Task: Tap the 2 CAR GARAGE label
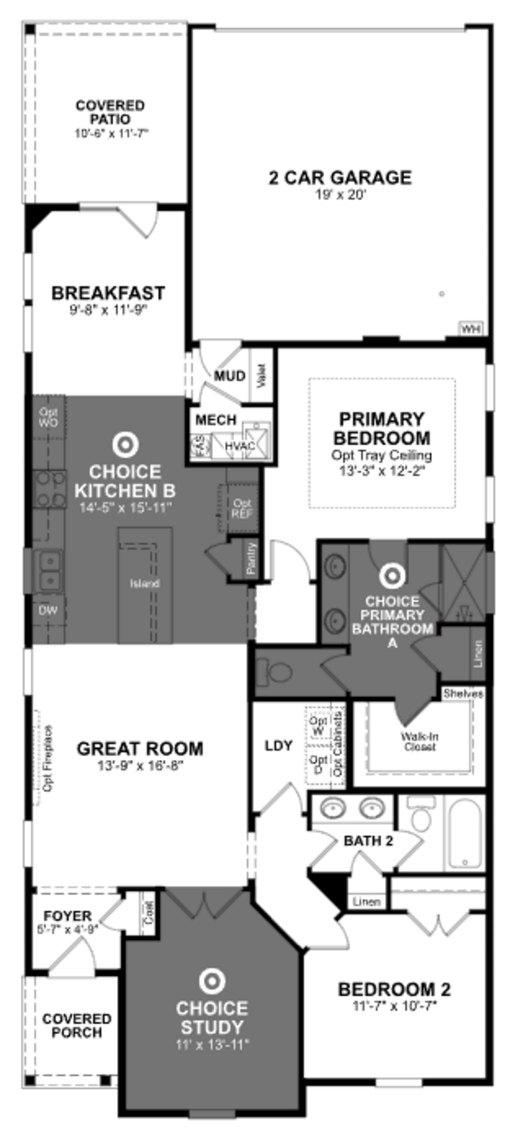(x=340, y=178)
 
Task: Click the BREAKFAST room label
(x=108, y=293)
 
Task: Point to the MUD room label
(x=229, y=376)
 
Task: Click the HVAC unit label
(x=240, y=446)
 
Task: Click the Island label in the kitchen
(x=144, y=583)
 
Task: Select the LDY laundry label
(x=279, y=746)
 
